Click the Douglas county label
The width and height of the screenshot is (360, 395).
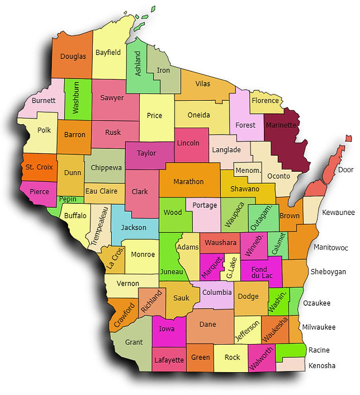73,56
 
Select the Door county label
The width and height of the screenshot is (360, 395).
346,170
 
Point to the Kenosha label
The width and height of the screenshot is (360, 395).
322,366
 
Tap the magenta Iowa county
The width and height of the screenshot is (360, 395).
167,329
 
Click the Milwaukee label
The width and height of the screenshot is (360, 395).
319,327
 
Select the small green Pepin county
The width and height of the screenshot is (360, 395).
68,199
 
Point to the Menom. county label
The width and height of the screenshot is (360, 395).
248,171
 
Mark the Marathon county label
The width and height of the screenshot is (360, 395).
188,181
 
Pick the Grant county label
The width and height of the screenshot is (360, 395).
134,342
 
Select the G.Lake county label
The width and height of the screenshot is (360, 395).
231,267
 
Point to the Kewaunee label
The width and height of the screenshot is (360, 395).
338,212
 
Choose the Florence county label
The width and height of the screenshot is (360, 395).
265,101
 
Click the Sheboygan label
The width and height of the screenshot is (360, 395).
328,271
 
